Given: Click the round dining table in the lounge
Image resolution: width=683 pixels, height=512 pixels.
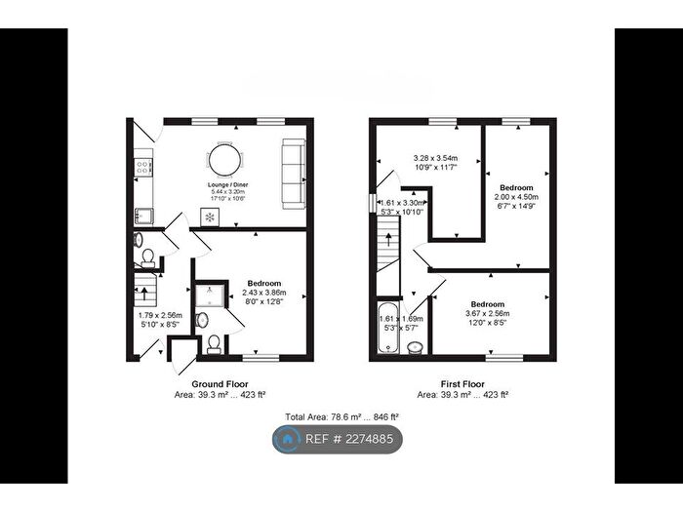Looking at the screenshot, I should tap(221, 159).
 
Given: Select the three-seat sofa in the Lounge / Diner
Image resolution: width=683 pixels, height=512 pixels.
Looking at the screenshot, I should tap(292, 174).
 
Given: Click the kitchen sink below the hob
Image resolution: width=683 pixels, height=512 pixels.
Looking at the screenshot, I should tap(142, 213).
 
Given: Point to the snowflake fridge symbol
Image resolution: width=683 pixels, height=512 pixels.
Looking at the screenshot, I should tap(208, 217).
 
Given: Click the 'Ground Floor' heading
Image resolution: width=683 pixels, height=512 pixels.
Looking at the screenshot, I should tap(219, 384).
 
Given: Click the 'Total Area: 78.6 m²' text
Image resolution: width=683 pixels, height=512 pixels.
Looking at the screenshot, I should tap(341, 416).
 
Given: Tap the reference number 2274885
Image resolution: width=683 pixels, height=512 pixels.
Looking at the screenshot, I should tap(364, 440).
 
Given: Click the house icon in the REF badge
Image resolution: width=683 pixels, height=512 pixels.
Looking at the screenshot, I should tap(288, 440).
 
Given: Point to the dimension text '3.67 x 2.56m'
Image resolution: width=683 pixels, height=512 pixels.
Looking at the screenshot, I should tap(487, 313).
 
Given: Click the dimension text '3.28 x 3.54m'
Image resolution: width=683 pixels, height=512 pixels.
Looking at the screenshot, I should tap(436, 159).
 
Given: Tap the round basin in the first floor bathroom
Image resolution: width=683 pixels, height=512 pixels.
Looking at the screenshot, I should tap(415, 348).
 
